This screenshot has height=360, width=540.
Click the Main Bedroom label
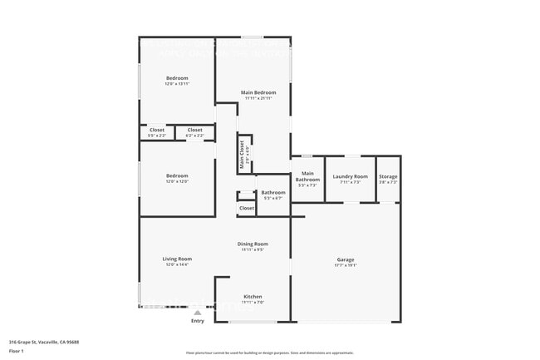point(258,91)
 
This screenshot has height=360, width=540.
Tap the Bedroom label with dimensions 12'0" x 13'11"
point(177,78)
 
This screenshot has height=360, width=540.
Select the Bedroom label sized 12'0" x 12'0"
point(177,176)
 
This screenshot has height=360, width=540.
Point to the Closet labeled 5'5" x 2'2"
point(157,130)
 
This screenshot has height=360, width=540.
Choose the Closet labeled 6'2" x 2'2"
point(194,130)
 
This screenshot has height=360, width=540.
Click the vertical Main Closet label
point(243,155)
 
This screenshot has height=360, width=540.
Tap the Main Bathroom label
point(307,179)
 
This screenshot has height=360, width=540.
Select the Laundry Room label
point(350,176)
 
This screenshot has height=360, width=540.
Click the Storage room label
point(388,176)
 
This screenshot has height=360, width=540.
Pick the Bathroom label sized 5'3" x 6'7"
point(273,193)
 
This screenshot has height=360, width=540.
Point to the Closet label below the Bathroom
point(247,208)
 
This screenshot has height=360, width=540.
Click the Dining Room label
point(253,244)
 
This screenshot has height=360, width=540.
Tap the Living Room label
point(177,259)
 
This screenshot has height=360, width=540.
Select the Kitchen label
point(253,297)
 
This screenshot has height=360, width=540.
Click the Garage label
point(346,259)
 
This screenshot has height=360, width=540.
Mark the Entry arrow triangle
point(198,313)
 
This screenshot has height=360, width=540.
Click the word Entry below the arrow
point(198,321)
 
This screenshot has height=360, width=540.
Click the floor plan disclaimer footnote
point(270,353)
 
